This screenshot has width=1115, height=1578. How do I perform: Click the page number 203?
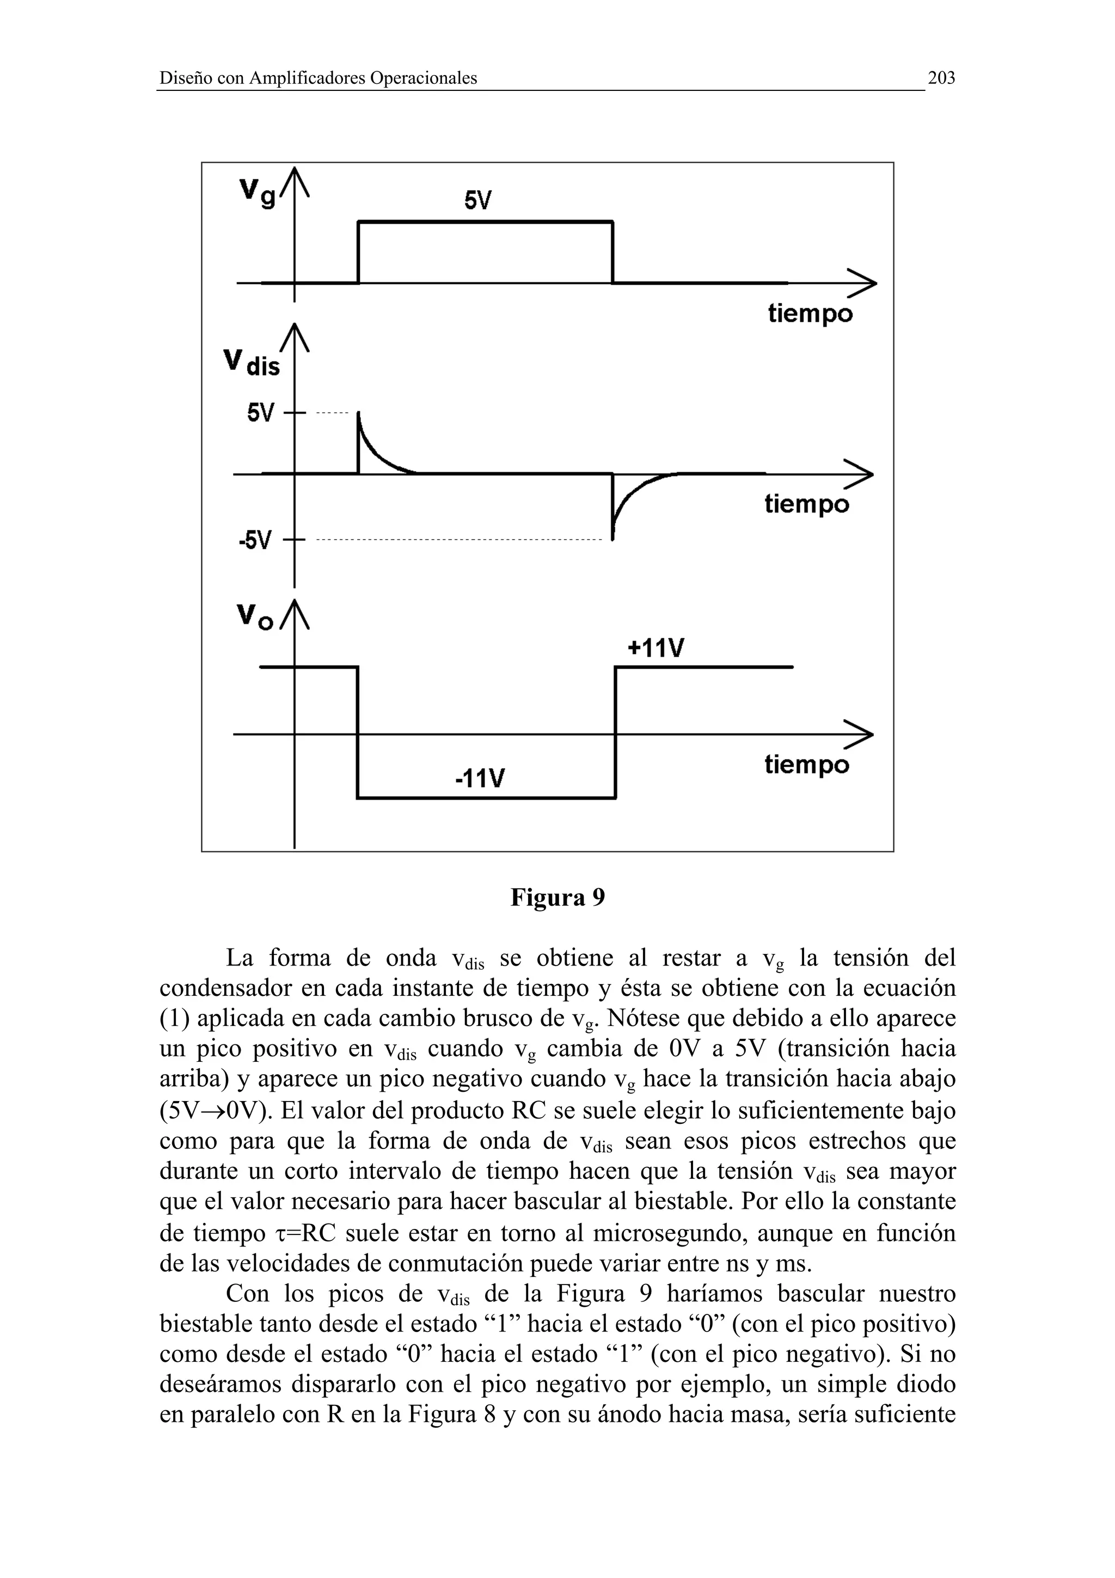click(x=941, y=78)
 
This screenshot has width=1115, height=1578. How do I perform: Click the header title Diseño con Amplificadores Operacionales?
click(x=318, y=78)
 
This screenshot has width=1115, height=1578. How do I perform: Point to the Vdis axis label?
click(x=253, y=363)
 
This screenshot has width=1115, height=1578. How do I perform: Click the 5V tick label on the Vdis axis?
click(x=260, y=413)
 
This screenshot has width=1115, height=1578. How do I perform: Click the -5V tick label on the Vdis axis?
click(x=255, y=540)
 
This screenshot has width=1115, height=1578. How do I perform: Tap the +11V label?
click(x=655, y=647)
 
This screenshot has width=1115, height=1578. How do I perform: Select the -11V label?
click(x=480, y=779)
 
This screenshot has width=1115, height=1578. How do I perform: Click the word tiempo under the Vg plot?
click(x=810, y=314)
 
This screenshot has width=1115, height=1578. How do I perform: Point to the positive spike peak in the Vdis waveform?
click(x=359, y=414)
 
